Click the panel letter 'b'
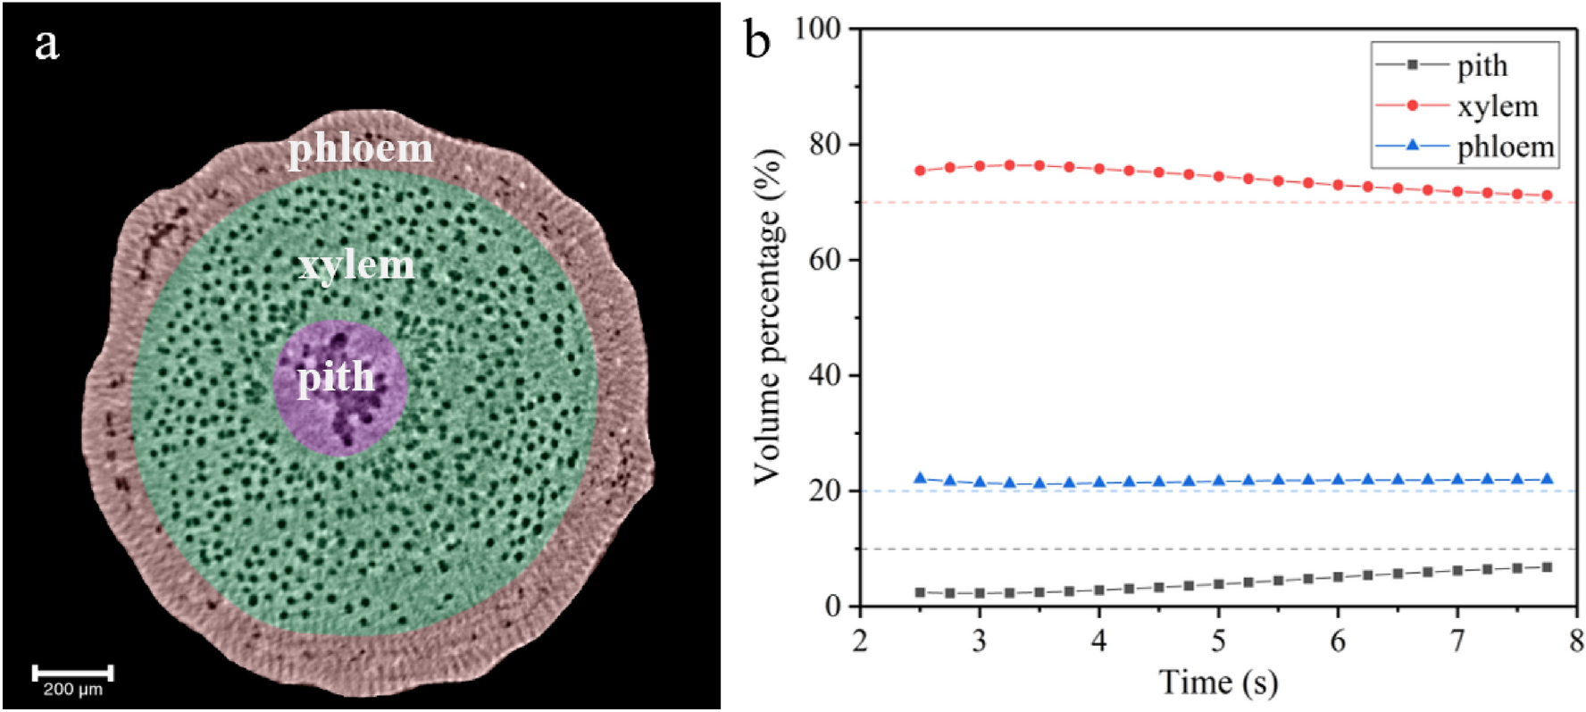tap(757, 40)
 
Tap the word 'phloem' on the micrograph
tap(360, 148)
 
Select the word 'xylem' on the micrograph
tap(356, 265)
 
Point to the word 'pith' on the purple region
tap(336, 377)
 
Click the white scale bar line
tap(72, 673)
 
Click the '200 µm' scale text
tap(72, 691)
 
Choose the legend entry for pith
tap(1482, 65)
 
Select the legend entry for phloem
tap(1505, 147)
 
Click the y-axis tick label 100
tap(817, 29)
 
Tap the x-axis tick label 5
tap(1218, 642)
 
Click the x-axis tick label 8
tap(1576, 642)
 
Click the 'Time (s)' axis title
tap(1218, 683)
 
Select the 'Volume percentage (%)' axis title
tap(767, 317)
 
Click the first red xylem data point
tap(920, 171)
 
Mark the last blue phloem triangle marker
tap(1548, 480)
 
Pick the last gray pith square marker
tap(1548, 567)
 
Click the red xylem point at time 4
tap(1099, 169)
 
